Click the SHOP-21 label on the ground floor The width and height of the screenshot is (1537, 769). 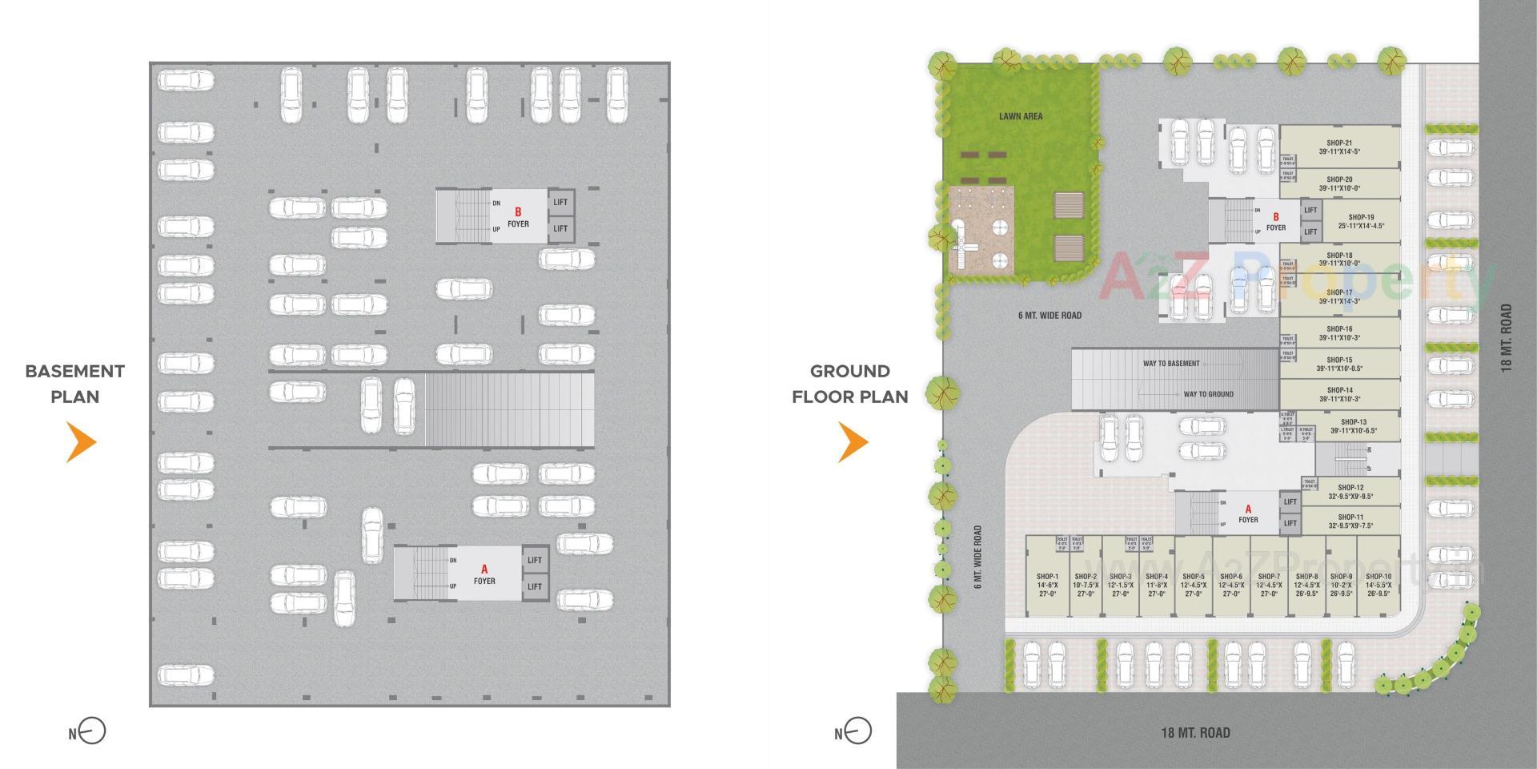coord(1338,143)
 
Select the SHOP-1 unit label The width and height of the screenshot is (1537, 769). coord(1047,576)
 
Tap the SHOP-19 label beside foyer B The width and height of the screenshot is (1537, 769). coord(1360,217)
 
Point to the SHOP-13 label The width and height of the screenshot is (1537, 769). coord(1353,422)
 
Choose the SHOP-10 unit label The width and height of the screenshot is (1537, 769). coord(1378,576)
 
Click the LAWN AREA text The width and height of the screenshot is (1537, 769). coord(1021,116)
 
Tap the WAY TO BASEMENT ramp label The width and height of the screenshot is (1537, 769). coord(1171,364)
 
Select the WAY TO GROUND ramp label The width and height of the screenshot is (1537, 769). coord(1208,394)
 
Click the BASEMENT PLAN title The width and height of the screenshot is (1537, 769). coord(75,384)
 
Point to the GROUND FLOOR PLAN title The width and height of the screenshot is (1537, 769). coord(850,384)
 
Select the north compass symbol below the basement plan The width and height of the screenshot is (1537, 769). coord(92,731)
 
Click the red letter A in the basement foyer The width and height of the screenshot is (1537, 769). coord(484,570)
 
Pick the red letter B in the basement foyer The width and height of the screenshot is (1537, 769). coord(518,212)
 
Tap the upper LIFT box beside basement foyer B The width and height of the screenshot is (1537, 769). coord(560,202)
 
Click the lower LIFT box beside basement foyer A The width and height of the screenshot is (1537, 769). coord(535,586)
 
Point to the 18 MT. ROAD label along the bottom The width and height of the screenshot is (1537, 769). coord(1195,732)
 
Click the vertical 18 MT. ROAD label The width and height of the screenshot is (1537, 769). coord(1506,337)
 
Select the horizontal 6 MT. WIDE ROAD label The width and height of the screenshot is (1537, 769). coord(1049,316)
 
